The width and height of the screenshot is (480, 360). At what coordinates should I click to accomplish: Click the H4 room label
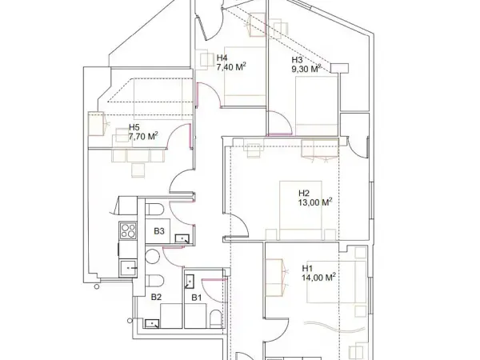[222, 58]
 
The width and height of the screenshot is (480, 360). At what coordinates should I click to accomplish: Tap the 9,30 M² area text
[306, 69]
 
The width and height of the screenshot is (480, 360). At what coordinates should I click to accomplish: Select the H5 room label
[134, 127]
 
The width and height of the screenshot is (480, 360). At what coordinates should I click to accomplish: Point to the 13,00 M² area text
[315, 202]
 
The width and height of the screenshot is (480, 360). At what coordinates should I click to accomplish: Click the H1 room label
[307, 269]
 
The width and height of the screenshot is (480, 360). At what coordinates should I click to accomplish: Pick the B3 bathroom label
[159, 231]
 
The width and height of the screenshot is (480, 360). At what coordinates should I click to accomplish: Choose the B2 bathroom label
[156, 297]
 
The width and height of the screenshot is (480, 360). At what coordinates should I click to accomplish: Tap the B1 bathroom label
[197, 298]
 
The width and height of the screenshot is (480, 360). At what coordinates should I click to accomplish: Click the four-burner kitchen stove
[128, 231]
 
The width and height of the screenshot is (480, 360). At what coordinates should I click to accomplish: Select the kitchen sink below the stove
[128, 269]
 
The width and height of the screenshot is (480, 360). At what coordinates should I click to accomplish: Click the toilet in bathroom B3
[154, 210]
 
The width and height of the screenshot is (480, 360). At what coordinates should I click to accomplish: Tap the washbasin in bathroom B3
[182, 238]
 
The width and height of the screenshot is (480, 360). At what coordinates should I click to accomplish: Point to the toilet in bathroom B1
[215, 319]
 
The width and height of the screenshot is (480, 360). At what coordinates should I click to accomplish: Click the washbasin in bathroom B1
[190, 282]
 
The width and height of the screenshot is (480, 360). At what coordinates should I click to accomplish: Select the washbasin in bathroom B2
[152, 323]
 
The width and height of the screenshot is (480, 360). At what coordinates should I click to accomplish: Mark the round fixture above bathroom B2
[152, 257]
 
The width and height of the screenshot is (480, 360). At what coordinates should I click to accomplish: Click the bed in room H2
[301, 210]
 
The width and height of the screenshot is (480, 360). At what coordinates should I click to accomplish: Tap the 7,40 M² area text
[231, 67]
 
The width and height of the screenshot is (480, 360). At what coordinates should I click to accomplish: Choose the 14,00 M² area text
[319, 278]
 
